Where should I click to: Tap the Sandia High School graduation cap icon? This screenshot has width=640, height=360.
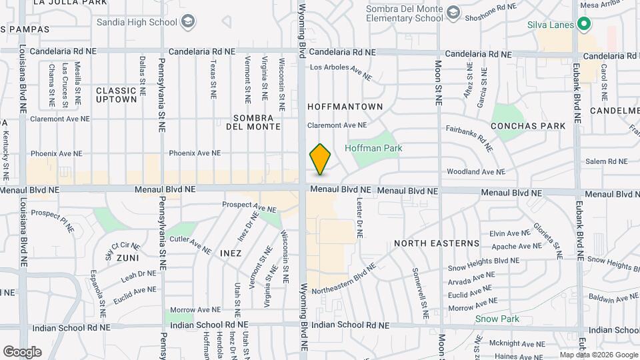click(189, 22)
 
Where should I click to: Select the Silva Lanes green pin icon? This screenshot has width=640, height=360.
click(585, 25)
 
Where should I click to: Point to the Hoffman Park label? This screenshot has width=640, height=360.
click(373, 148)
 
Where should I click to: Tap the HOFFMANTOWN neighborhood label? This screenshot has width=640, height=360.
click(345, 107)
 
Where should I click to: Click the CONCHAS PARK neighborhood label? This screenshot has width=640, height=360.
click(528, 125)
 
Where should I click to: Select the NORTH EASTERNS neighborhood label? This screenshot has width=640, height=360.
click(437, 243)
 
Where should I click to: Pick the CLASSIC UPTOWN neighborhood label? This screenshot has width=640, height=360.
click(117, 95)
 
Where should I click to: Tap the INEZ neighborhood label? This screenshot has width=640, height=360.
click(230, 254)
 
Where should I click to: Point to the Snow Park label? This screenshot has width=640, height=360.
click(497, 319)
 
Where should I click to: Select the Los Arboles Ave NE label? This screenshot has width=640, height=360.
click(339, 67)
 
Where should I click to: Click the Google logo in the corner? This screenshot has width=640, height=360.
click(22, 351)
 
